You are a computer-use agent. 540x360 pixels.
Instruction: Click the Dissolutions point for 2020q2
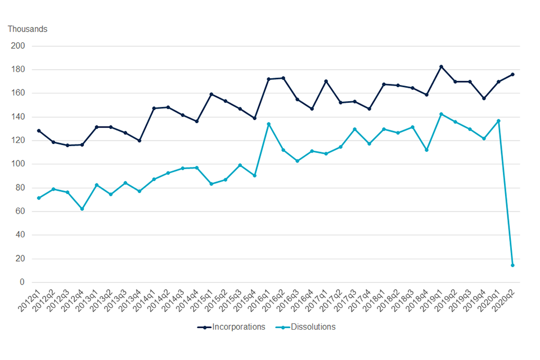[x=512, y=265]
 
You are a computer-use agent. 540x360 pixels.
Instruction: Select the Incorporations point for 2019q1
[x=441, y=67]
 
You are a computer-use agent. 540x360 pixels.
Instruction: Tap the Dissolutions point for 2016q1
[x=269, y=124]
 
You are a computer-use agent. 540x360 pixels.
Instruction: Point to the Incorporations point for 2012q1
[x=39, y=130]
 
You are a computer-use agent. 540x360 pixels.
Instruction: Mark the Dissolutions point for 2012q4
[x=82, y=209]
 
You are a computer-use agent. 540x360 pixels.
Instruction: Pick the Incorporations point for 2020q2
[x=512, y=74]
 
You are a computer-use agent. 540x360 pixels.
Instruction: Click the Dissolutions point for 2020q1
[x=498, y=121]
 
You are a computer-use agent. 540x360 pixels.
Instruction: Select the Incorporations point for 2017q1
[x=326, y=81]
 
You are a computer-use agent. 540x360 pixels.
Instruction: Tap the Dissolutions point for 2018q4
[x=426, y=150]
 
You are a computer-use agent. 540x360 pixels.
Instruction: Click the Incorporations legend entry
[x=231, y=327]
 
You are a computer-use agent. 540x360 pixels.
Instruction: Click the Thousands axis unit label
[x=28, y=29]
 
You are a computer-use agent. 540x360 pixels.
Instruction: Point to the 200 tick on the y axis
[x=19, y=46]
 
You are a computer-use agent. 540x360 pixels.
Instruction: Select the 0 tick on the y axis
[x=22, y=282]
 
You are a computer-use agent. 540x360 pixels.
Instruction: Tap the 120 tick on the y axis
[x=19, y=141]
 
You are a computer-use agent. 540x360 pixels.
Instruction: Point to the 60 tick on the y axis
[x=21, y=211]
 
